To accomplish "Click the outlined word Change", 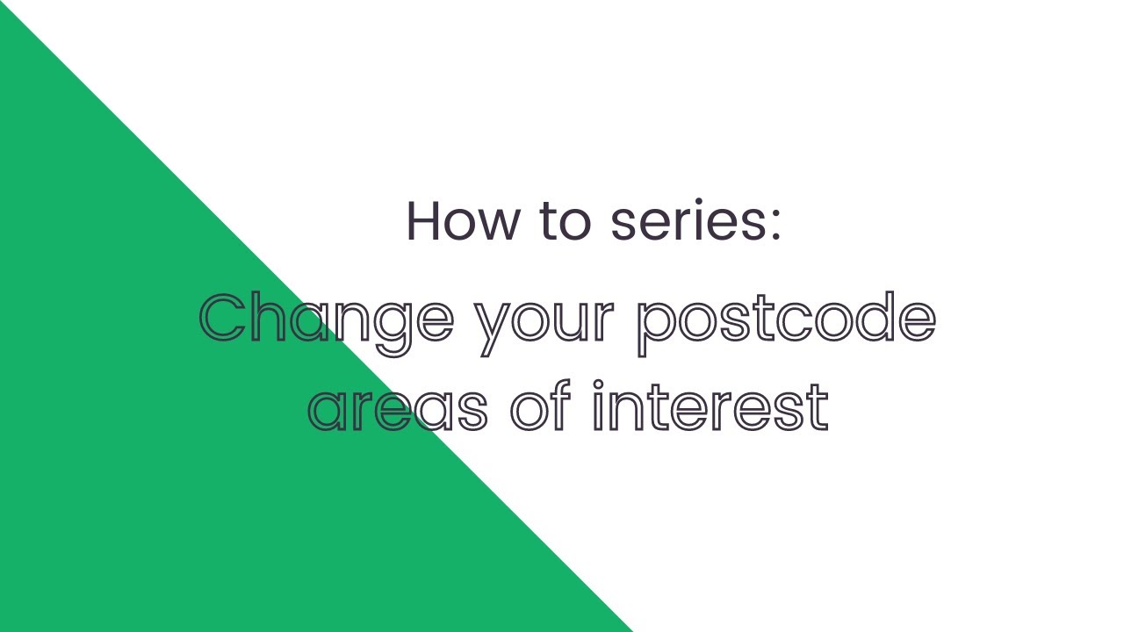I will pos(327,320).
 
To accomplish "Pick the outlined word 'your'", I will pos(544,323).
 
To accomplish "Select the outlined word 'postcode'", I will pos(786,320).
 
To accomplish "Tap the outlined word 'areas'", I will pos(397,407).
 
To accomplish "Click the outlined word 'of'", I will pos(541,406).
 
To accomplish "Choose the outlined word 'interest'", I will pos(710,406).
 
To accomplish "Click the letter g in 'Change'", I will pos(392,327).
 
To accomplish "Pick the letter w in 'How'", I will pos(497,225).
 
